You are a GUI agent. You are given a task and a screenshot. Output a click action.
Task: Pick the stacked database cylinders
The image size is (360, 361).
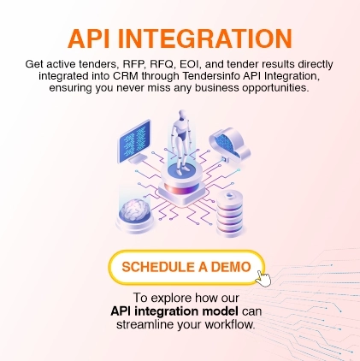tap(229, 205)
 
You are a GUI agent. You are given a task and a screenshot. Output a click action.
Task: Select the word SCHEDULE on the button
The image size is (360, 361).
tap(157, 266)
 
